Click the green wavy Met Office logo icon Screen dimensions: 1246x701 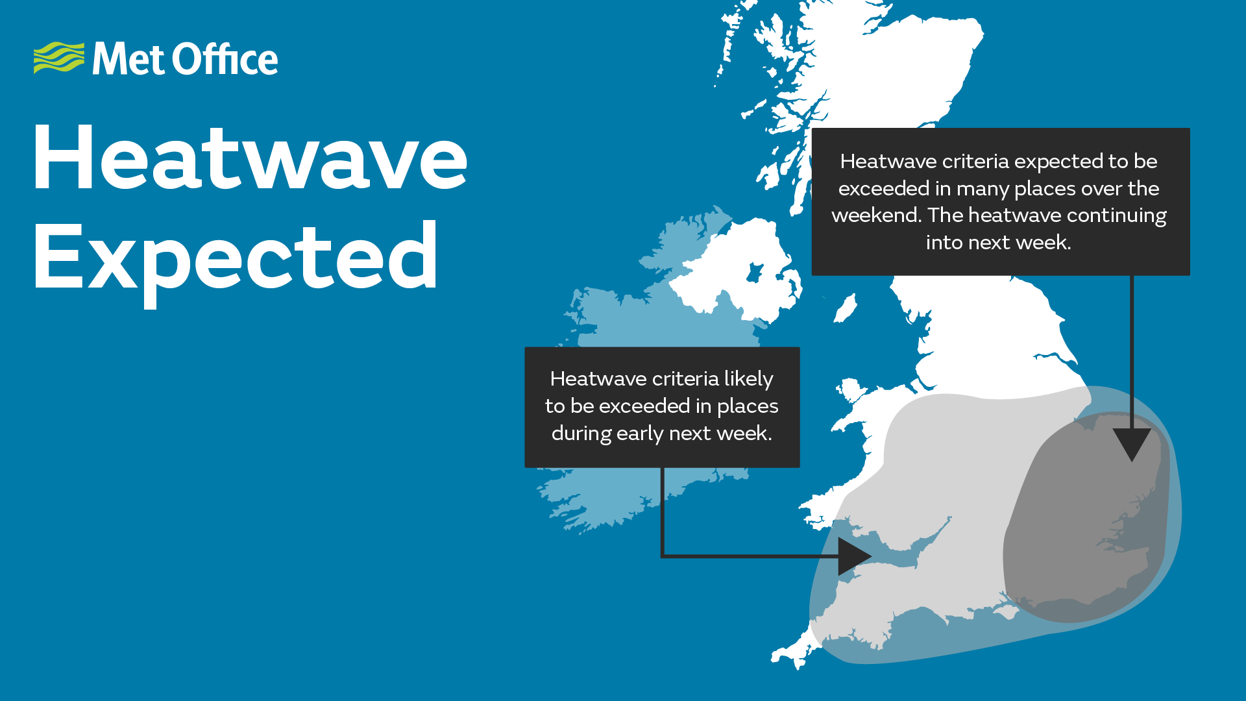click(59, 58)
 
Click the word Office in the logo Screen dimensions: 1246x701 click(226, 59)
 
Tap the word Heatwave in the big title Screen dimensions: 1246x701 click(250, 158)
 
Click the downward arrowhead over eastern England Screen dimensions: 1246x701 click(1132, 444)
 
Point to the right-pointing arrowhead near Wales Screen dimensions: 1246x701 click(854, 556)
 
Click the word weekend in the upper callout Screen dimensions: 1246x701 click(875, 215)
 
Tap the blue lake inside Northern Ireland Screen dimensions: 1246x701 click(755, 272)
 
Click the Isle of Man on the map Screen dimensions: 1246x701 click(845, 308)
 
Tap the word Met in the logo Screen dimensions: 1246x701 click(128, 59)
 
